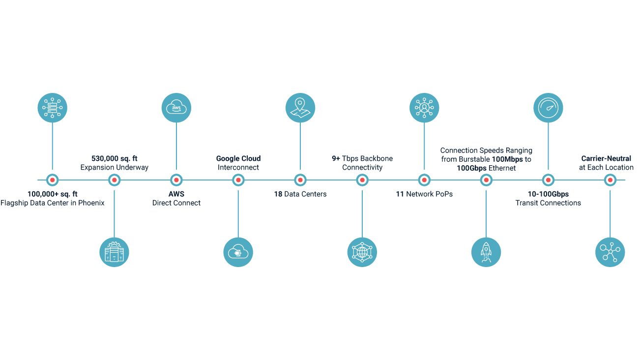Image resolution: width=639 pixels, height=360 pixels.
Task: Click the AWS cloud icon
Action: [176, 108]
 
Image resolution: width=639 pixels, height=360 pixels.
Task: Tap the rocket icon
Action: [486, 252]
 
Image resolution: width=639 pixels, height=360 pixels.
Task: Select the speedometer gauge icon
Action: [548, 108]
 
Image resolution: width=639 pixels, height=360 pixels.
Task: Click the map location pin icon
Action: [300, 108]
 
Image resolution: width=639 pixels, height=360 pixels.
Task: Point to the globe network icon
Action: [362, 252]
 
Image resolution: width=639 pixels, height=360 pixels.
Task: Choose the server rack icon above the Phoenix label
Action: [52, 108]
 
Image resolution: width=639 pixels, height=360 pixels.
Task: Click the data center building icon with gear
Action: [114, 252]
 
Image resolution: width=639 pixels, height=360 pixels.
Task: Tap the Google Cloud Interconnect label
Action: [238, 163]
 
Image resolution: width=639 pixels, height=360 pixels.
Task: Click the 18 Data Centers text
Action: [300, 194]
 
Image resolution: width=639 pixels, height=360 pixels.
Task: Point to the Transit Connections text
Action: [548, 203]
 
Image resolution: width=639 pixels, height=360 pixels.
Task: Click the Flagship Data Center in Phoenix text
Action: [53, 203]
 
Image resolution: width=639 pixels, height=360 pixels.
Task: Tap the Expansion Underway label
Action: [114, 168]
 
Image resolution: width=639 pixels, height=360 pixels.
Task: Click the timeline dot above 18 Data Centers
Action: [300, 180]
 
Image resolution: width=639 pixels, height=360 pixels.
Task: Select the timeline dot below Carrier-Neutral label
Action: [610, 180]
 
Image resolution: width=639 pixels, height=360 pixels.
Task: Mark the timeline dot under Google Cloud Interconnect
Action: [238, 180]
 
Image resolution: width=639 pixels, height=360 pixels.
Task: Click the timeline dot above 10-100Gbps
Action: [548, 180]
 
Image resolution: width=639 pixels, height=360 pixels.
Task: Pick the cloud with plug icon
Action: [238, 252]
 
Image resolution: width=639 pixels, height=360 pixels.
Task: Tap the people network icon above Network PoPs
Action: [424, 108]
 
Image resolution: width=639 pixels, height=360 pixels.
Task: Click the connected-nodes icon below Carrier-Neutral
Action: [610, 252]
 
